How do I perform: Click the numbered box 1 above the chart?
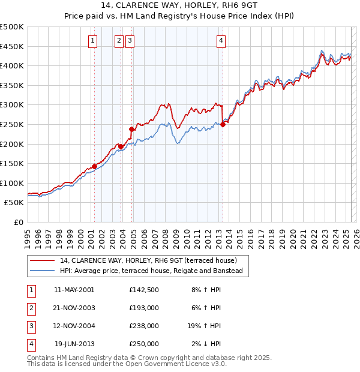coord(94,41)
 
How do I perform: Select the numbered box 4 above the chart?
coord(221,41)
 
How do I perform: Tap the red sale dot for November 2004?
coord(131,128)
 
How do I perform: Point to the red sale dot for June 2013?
coord(223,124)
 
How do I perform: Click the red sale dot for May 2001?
coord(94,167)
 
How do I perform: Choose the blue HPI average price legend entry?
coord(151,271)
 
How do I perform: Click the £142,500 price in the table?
coord(143,290)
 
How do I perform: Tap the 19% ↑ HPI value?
coord(204,326)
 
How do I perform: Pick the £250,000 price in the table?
coord(143,344)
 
